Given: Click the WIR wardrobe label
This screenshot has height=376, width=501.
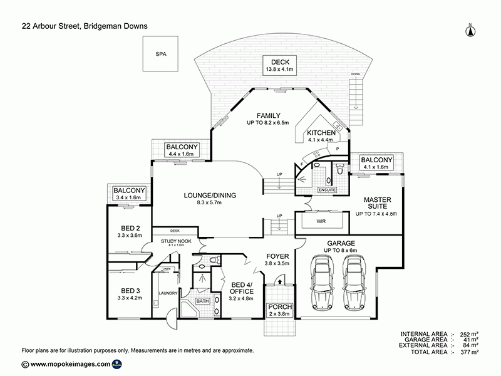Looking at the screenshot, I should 321,221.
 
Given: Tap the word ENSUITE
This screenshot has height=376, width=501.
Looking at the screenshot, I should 327,189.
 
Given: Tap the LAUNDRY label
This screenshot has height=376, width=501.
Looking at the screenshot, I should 169,293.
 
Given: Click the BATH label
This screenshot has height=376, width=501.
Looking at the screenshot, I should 202,301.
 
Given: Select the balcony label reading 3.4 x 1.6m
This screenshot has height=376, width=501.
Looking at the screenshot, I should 130,194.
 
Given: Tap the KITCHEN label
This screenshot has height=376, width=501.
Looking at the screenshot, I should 321,136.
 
